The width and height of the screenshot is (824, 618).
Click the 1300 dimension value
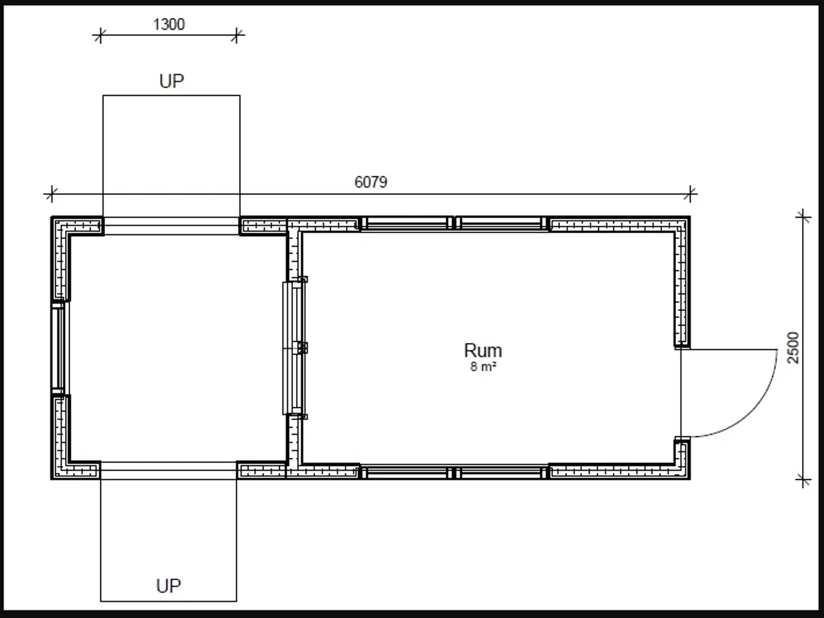coord(169,24)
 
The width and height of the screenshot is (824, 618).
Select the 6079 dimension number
coord(371,182)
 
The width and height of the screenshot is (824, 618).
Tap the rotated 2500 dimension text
coord(793,348)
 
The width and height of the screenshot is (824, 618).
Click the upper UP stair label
coord(171,81)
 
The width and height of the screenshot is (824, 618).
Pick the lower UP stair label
coord(168,586)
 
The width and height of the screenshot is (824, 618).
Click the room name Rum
coord(483,350)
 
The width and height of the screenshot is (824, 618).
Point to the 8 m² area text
coord(483,366)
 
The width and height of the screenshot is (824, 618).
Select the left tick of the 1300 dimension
coord(100,35)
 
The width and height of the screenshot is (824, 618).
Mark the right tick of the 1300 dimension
coord(236,35)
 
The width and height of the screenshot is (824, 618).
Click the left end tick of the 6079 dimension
coord(51,194)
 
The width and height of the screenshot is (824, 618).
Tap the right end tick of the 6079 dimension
coord(690,194)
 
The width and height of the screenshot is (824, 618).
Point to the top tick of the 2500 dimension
coord(803,217)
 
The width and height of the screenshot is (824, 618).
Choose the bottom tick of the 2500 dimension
coord(803,480)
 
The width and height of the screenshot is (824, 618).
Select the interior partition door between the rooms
coord(295,348)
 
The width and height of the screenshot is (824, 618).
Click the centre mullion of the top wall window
coord(454,223)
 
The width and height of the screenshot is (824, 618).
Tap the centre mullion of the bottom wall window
coord(454,473)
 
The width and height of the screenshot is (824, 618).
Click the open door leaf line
coord(681,393)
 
